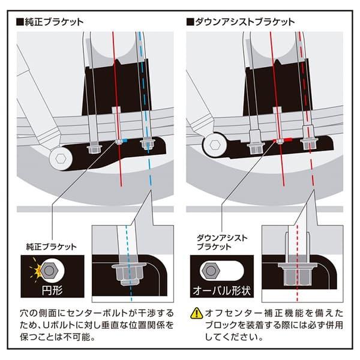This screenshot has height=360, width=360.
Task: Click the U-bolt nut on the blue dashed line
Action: click(145, 144)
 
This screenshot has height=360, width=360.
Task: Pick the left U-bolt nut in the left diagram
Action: click(93, 147)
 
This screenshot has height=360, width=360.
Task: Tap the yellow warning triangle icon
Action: click(195, 313)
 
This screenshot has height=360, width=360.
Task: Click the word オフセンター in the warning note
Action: click(228, 313)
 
